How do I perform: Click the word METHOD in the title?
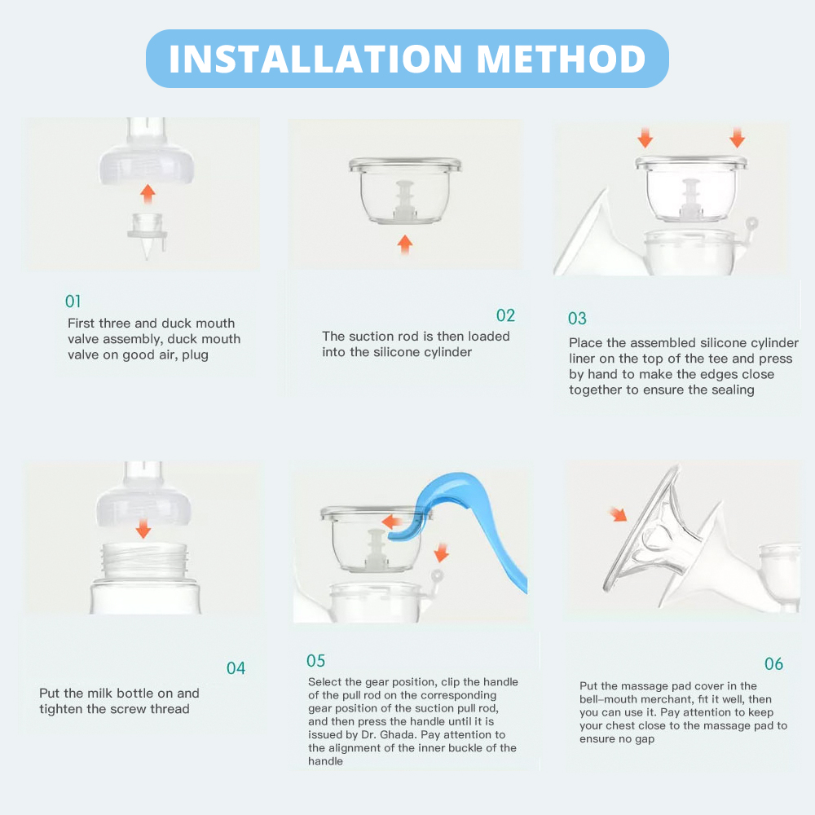tap(562, 59)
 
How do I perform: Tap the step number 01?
tap(73, 302)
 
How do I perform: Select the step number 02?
tap(506, 315)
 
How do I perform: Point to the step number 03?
tap(577, 319)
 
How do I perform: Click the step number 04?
tap(236, 668)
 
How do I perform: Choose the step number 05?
tap(315, 661)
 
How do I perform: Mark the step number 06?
tap(773, 664)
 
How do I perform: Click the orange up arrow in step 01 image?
tap(147, 193)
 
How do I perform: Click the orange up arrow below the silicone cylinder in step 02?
tap(405, 243)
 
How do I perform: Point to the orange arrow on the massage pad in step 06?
tap(619, 514)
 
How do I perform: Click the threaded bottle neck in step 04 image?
tap(143, 562)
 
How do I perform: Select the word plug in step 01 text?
tap(196, 355)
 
